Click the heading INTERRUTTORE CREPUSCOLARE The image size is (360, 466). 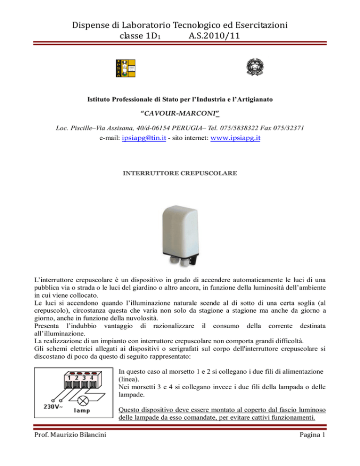pyautogui.click(x=180, y=173)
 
